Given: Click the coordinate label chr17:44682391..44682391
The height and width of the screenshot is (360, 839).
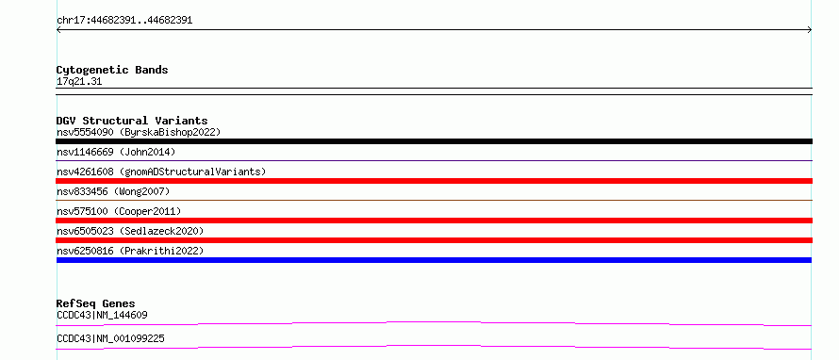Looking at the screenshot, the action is [x=124, y=21].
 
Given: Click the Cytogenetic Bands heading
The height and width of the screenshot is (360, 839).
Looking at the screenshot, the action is [x=112, y=70].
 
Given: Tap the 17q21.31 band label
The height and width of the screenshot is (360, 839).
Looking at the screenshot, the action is [x=79, y=82].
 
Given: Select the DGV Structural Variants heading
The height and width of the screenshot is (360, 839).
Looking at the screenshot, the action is [x=132, y=121].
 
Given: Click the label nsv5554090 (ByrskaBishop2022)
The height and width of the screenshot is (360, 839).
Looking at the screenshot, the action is [x=139, y=132].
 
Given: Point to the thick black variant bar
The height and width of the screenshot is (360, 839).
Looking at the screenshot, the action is [x=434, y=141].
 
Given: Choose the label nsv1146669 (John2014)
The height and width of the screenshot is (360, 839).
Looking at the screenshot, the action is [x=116, y=152].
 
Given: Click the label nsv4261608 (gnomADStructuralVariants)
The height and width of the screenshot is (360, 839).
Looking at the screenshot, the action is [x=161, y=172].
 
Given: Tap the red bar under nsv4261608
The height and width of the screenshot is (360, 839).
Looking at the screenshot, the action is [x=434, y=181].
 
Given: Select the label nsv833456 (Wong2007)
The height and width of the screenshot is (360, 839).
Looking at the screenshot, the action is [x=113, y=191].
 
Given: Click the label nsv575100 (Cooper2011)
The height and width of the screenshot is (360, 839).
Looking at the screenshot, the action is [x=119, y=211].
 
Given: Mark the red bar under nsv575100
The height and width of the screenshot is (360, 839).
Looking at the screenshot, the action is [x=434, y=221].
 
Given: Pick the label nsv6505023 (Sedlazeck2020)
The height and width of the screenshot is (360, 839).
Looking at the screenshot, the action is [x=130, y=231].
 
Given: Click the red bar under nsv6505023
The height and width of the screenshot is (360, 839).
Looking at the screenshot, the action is [x=434, y=240].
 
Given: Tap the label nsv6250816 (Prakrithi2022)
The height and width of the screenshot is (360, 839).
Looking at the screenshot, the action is [x=130, y=251].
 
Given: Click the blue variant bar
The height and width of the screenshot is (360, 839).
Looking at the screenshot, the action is [x=434, y=260].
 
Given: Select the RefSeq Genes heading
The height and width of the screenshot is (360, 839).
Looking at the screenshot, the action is [x=96, y=303].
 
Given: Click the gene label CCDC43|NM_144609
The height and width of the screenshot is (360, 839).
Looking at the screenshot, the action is [x=102, y=315].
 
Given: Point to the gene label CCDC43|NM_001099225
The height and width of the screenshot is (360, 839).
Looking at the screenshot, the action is [x=110, y=338].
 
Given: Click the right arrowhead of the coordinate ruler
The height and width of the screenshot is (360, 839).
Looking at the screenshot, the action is [x=811, y=30].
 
